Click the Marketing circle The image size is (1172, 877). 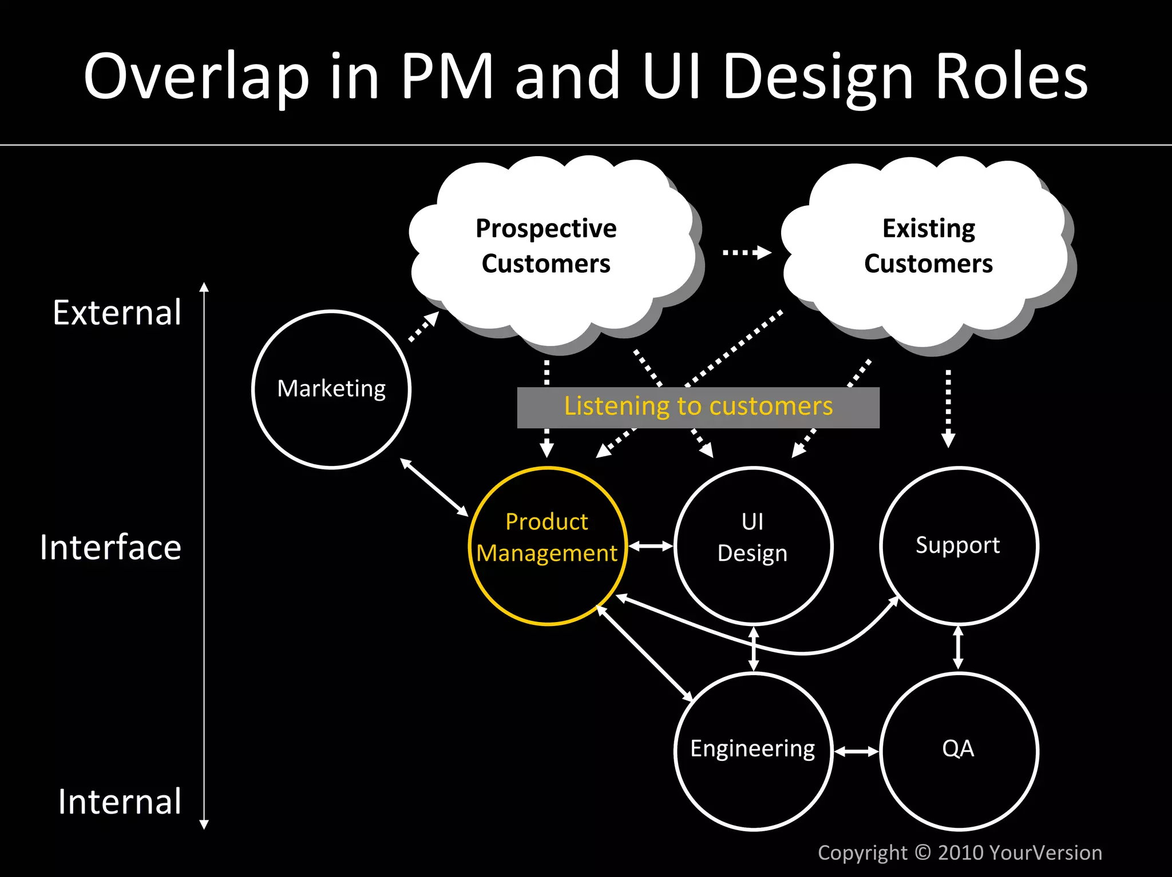(331, 389)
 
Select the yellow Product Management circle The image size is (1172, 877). (548, 546)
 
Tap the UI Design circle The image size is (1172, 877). (753, 546)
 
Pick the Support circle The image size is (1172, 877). (959, 546)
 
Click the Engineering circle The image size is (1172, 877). (753, 751)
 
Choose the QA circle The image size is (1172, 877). (959, 751)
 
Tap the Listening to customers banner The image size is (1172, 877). (698, 407)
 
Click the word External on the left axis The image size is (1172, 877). (117, 313)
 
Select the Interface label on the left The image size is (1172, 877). (110, 548)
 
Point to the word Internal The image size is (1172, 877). (120, 802)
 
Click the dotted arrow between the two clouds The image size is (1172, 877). (746, 252)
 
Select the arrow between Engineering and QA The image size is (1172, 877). (856, 751)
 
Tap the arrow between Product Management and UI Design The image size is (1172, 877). (651, 547)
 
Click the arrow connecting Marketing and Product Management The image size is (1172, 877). (434, 487)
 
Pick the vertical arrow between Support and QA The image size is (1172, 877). (959, 648)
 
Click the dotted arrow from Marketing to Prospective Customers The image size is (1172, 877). (424, 326)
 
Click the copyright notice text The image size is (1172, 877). (960, 852)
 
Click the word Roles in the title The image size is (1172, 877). (1011, 77)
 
